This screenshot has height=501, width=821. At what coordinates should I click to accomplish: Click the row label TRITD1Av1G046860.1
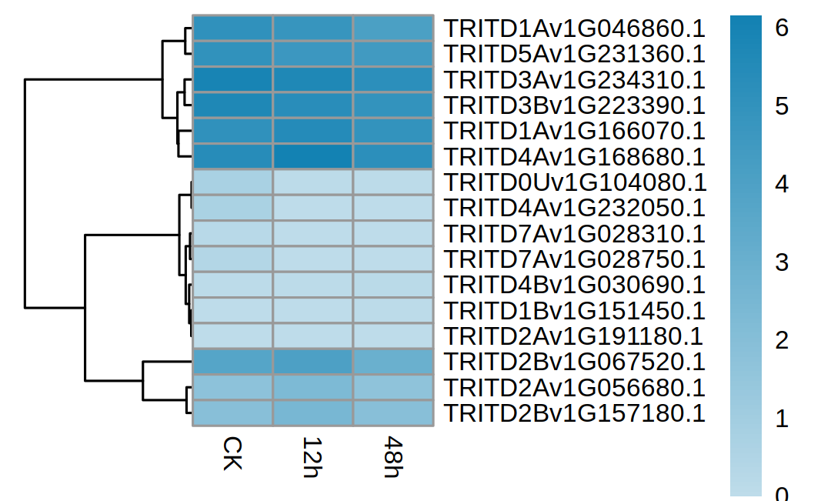(x=575, y=29)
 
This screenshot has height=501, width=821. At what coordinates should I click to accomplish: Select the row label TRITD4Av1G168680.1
(x=575, y=157)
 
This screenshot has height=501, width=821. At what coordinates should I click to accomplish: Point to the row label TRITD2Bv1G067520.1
(x=575, y=362)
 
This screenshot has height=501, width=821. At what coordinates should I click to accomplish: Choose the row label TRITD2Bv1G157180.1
(x=575, y=413)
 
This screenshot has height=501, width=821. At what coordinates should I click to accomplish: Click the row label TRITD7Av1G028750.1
(x=575, y=259)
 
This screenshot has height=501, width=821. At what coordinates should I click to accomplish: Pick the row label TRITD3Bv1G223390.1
(x=575, y=105)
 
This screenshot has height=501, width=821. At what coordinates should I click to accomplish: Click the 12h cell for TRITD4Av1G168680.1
(x=312, y=156)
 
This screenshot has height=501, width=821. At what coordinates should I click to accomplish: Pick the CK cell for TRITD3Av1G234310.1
(x=232, y=80)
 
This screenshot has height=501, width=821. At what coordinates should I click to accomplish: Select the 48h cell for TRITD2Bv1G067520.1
(x=393, y=362)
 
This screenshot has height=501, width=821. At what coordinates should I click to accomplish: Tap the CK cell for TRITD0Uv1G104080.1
(x=232, y=182)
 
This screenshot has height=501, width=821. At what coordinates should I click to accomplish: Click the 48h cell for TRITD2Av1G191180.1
(x=393, y=336)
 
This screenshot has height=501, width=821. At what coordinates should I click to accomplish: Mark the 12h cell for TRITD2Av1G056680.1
(x=312, y=387)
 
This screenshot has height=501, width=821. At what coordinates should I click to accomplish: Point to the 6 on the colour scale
(x=782, y=29)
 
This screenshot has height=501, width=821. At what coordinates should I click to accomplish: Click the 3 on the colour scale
(x=782, y=262)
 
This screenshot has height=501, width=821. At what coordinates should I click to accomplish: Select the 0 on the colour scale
(x=782, y=493)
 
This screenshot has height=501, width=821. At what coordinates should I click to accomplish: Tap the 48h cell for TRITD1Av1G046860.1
(x=393, y=28)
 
